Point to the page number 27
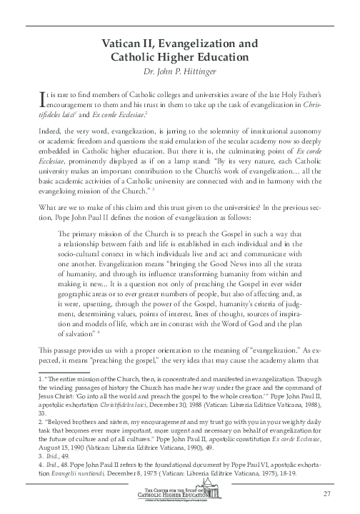[328, 494]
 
